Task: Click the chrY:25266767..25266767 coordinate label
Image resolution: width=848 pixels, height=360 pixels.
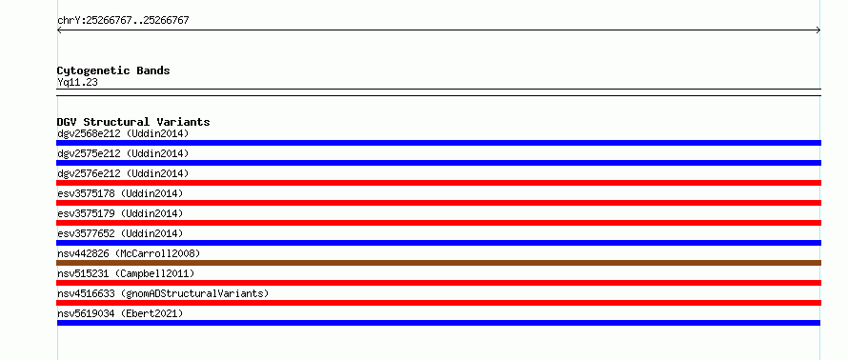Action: [123, 21]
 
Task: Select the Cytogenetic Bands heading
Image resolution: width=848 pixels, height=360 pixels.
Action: [113, 70]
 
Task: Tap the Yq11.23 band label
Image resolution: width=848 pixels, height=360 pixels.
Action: [77, 83]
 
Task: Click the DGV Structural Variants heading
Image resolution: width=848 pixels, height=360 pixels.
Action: [133, 122]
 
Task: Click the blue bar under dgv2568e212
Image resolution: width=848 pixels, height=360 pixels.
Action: [438, 143]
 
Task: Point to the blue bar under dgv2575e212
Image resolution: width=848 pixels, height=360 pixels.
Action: [438, 163]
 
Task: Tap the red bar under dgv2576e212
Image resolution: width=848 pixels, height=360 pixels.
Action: [438, 183]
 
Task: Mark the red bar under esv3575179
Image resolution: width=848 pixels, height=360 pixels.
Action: [438, 223]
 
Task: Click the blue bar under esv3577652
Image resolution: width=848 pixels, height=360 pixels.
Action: [438, 243]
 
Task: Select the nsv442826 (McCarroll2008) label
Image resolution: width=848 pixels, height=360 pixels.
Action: [129, 253]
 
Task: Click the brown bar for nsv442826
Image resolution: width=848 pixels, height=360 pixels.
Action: [438, 263]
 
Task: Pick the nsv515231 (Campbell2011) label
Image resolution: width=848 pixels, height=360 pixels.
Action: [126, 273]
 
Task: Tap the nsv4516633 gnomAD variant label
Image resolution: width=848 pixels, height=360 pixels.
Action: [163, 293]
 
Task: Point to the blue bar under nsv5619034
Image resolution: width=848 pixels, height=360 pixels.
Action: [438, 323]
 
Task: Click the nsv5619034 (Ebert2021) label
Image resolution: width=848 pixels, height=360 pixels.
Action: [120, 313]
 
